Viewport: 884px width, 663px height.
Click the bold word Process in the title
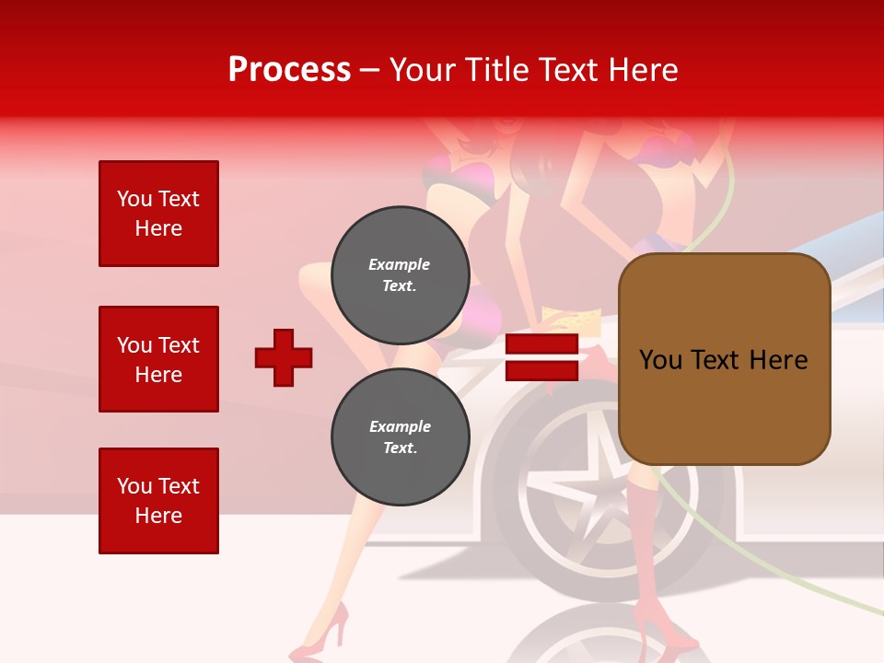(x=289, y=70)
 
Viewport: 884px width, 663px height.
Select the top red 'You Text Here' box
(x=158, y=214)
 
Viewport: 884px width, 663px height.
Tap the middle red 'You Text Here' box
(x=158, y=359)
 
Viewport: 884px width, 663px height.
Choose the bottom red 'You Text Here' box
(x=158, y=501)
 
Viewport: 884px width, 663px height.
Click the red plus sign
(x=284, y=357)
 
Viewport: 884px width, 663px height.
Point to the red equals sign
(x=541, y=358)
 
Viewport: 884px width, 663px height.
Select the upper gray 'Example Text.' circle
(x=400, y=274)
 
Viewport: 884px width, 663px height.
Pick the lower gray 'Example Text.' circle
(x=400, y=436)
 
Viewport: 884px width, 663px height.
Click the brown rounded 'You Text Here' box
(x=724, y=359)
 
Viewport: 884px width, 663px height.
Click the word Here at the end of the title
(x=645, y=70)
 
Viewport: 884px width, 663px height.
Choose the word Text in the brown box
(x=722, y=360)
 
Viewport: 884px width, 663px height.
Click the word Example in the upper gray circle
(x=400, y=264)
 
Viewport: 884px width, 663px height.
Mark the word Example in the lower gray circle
(x=400, y=426)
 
